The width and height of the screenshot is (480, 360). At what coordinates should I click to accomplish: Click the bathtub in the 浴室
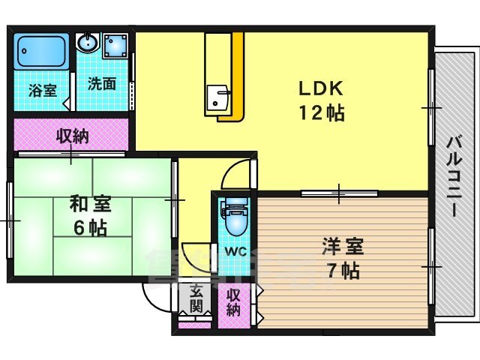tap(42, 51)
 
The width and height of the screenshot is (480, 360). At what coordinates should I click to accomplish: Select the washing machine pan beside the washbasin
tap(115, 46)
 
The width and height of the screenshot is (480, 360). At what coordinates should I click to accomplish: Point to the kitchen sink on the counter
tap(217, 98)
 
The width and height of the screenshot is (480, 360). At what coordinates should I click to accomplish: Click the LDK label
tap(320, 88)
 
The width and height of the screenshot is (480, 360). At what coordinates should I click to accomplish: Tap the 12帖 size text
tap(322, 113)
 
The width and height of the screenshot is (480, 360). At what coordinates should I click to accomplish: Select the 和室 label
tap(90, 205)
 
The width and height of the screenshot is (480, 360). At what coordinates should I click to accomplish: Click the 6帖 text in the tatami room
tap(90, 228)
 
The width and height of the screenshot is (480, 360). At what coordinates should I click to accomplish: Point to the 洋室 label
tap(343, 247)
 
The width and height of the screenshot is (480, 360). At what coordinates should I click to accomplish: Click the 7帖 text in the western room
tap(343, 270)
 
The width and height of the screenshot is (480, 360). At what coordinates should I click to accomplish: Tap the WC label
tap(235, 252)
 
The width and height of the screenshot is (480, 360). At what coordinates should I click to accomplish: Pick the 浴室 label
tap(43, 91)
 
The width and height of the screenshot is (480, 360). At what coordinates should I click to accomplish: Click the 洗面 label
tap(102, 83)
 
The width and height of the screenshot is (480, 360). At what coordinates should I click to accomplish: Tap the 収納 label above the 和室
tap(73, 136)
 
